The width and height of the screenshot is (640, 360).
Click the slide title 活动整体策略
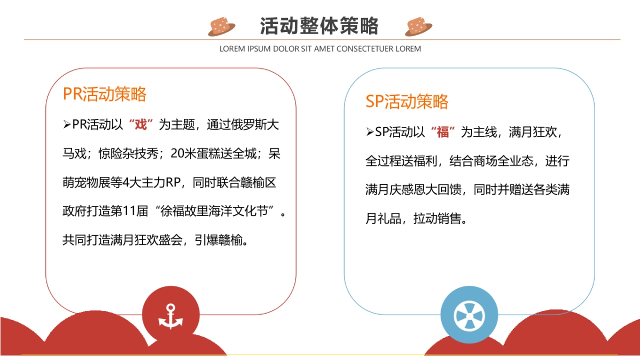click(x=319, y=26)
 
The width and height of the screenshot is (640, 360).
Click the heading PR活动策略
click(x=105, y=94)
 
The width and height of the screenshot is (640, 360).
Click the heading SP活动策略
click(x=407, y=101)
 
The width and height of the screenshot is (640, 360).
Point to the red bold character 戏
click(x=141, y=125)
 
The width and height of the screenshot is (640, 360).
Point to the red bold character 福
click(x=443, y=132)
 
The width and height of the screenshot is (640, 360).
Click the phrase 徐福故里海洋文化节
click(x=217, y=212)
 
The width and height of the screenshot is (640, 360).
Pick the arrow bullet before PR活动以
click(x=67, y=125)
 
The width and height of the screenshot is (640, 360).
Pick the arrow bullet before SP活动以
click(x=370, y=132)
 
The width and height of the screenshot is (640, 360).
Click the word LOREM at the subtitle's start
click(x=232, y=49)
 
